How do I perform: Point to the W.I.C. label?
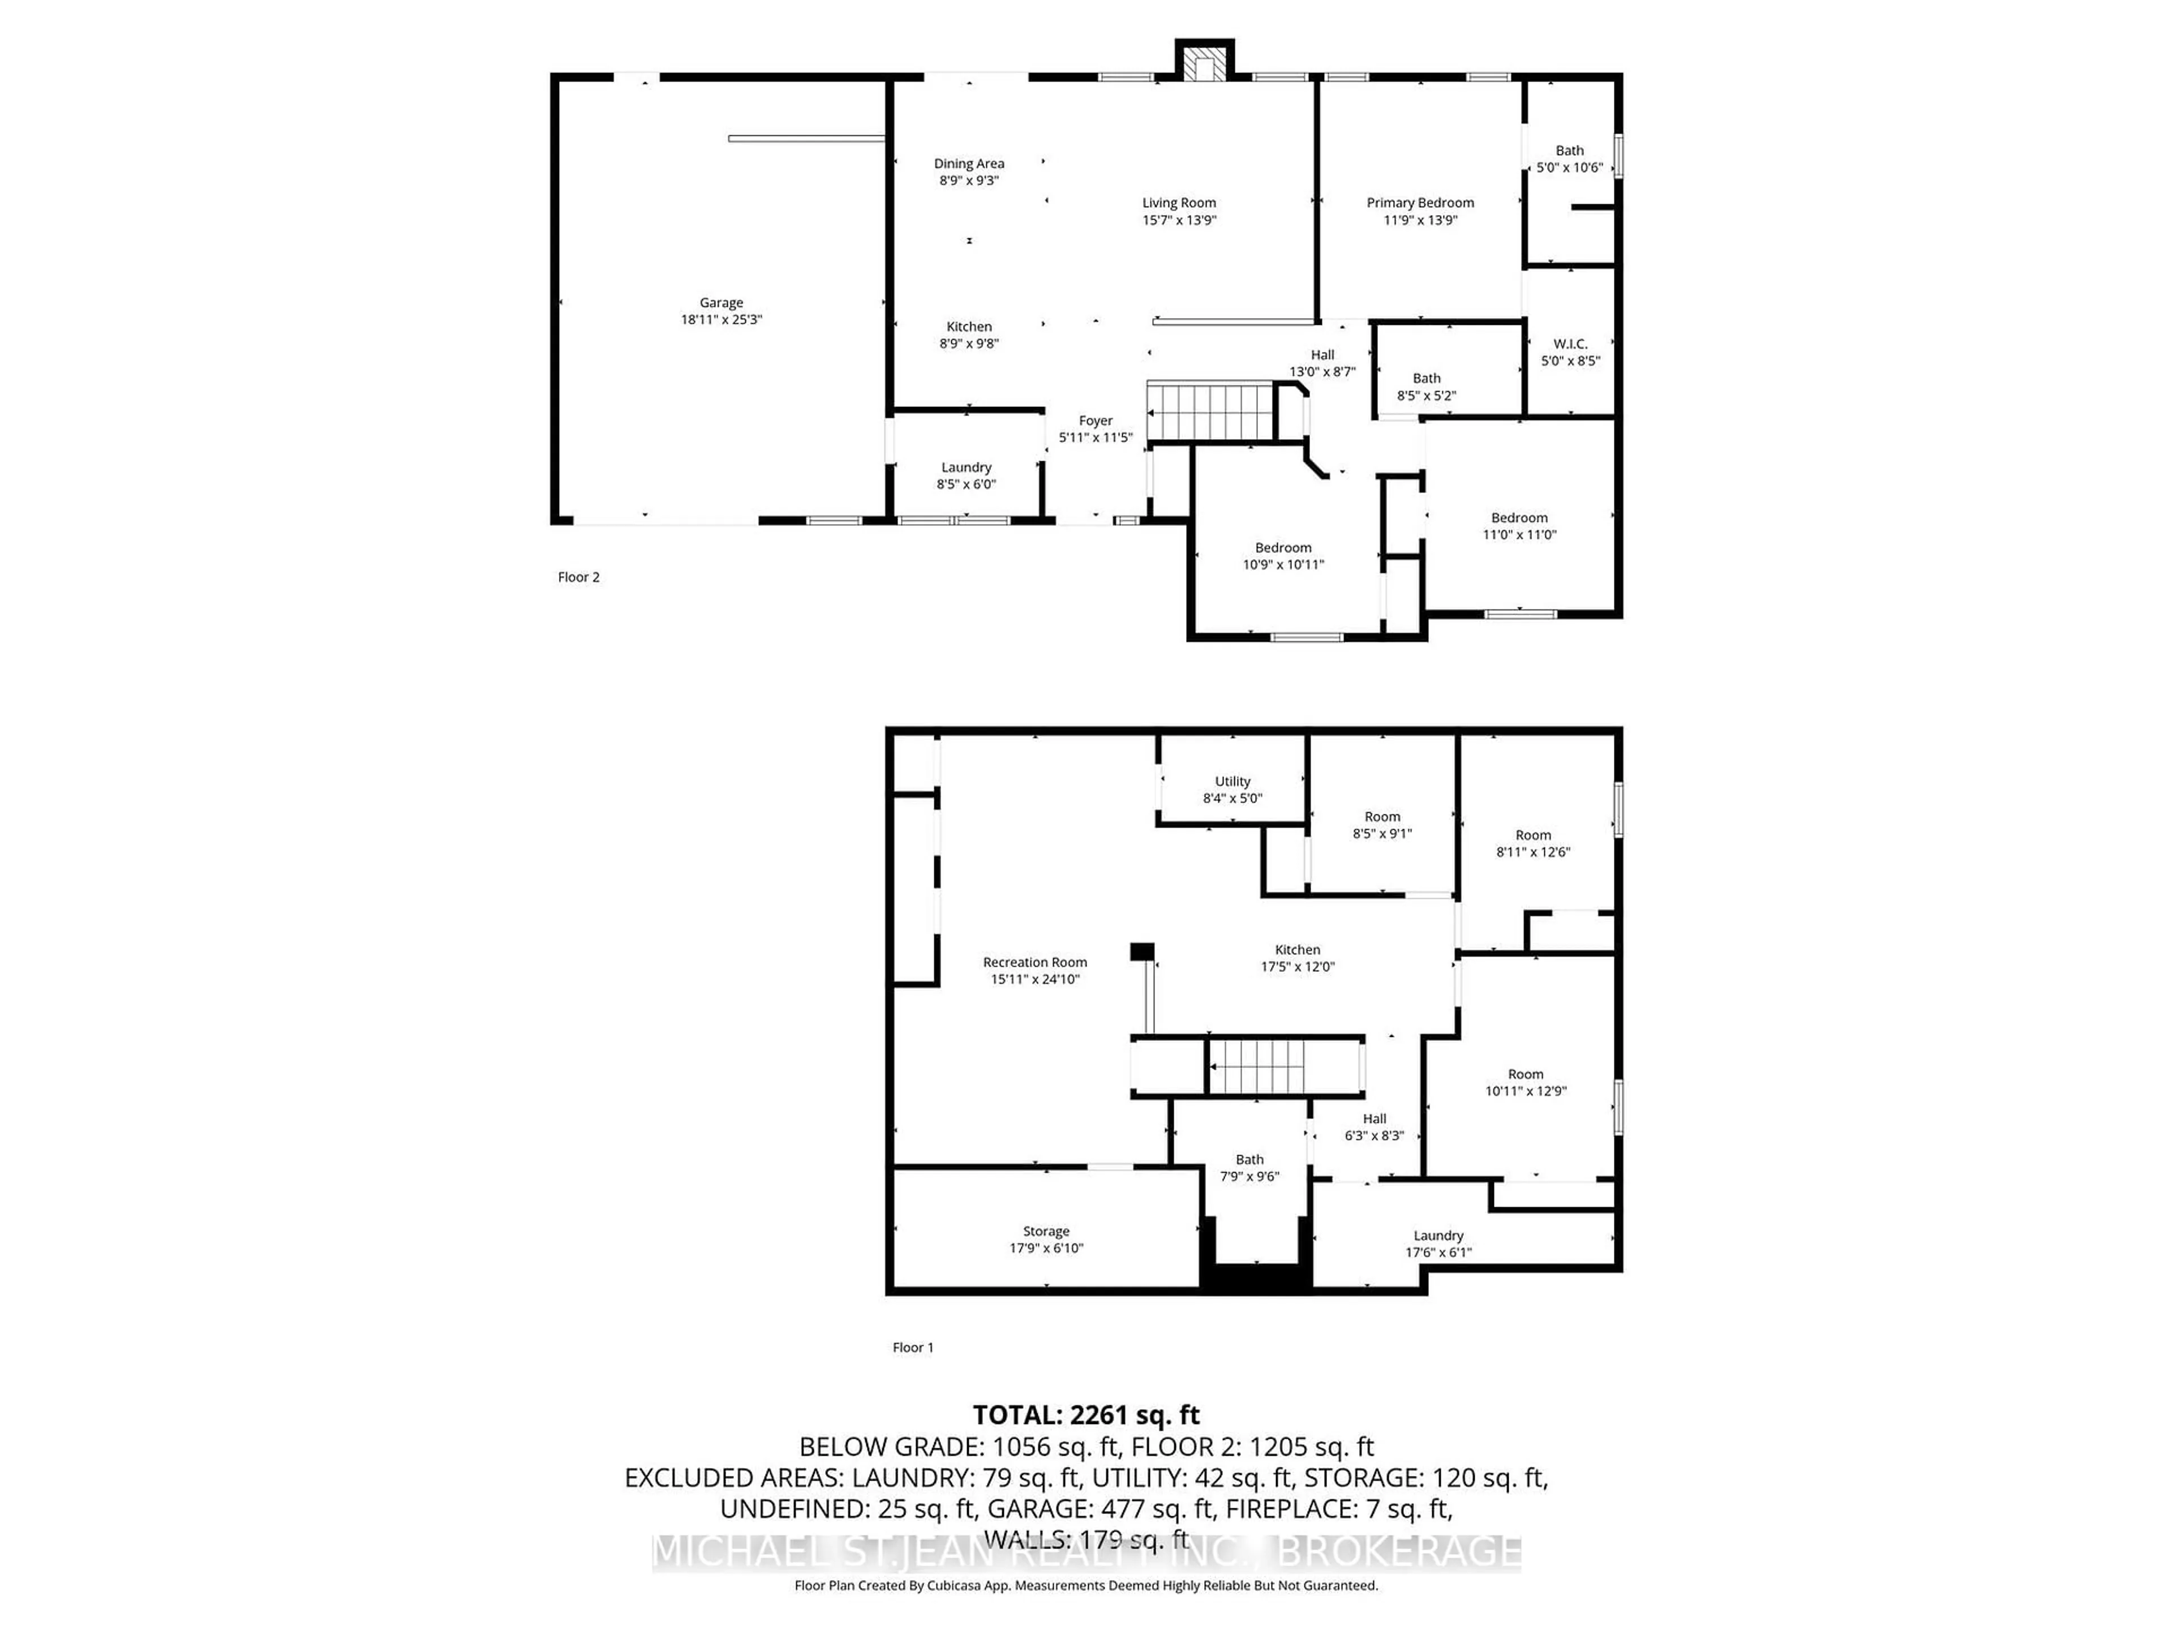click(1570, 344)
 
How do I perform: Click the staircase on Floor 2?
click(1210, 411)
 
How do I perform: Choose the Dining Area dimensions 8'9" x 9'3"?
click(969, 181)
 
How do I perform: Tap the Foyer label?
click(1096, 421)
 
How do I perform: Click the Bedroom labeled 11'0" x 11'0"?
click(1519, 526)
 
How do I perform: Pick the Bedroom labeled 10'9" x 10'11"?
click(1283, 556)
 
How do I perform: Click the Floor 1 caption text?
click(913, 1347)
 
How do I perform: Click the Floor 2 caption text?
click(578, 577)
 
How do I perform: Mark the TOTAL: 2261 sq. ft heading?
click(1085, 1415)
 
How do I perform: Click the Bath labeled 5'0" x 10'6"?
click(1569, 158)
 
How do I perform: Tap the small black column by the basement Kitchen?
click(1141, 951)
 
